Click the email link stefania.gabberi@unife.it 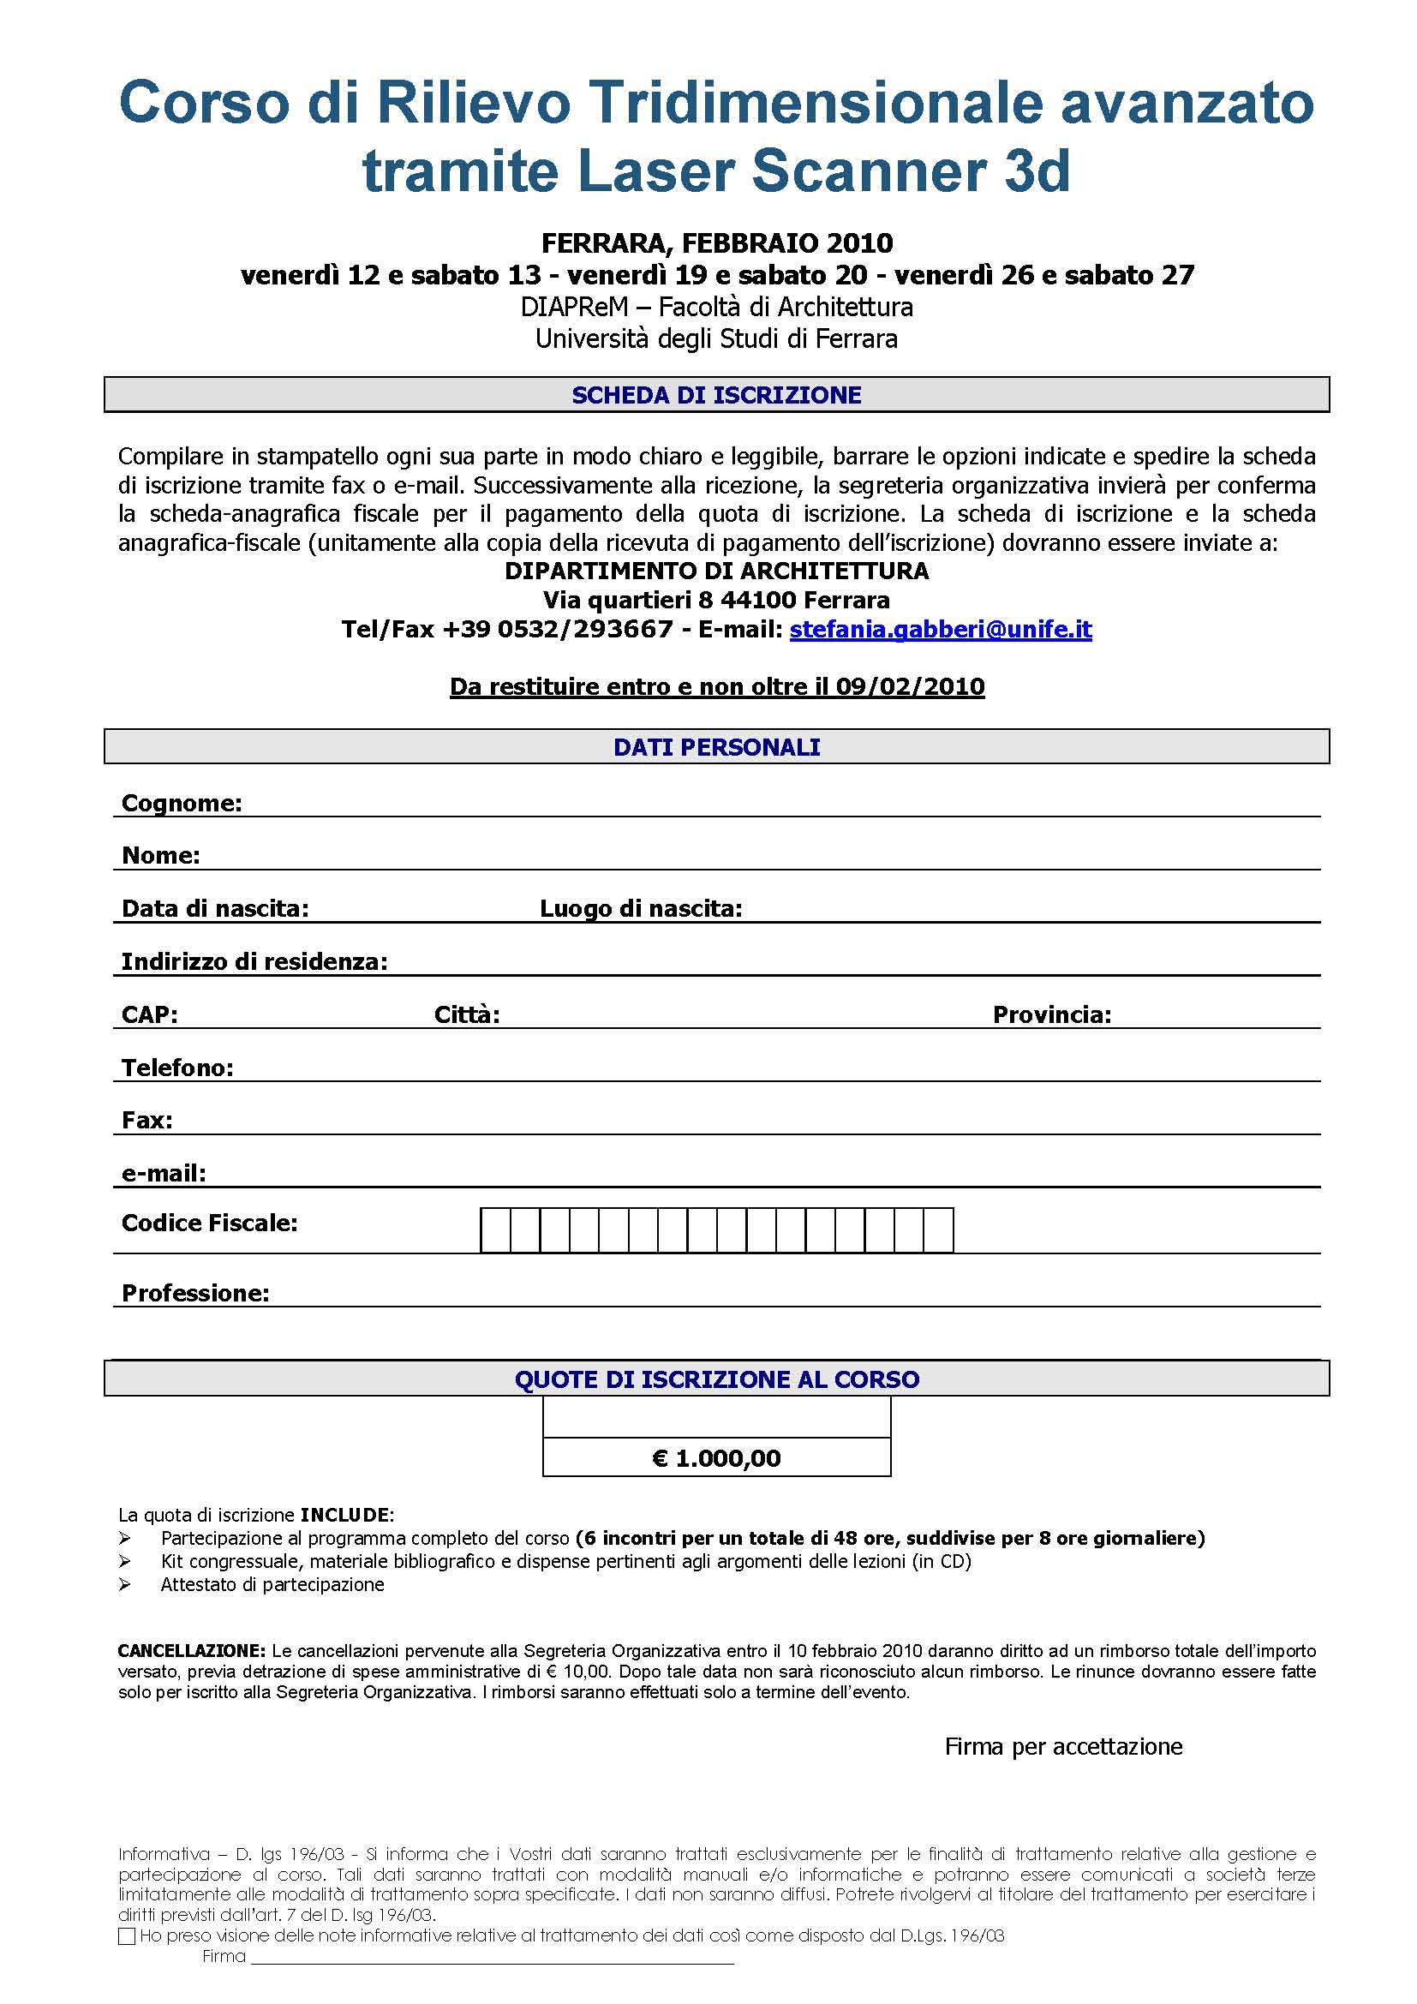(x=941, y=630)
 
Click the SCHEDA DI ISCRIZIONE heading (x=716, y=395)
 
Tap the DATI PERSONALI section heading (x=716, y=747)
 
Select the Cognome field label (x=182, y=803)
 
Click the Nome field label (x=160, y=855)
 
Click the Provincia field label (x=1051, y=1015)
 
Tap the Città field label (x=467, y=1015)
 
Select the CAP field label (x=149, y=1015)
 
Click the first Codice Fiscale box (x=495, y=1229)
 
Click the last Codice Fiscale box (x=938, y=1229)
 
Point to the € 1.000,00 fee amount (x=716, y=1458)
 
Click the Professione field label (x=195, y=1293)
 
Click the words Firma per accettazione (x=1064, y=1746)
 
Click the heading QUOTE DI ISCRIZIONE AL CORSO (x=716, y=1379)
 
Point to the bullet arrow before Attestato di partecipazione (x=126, y=1584)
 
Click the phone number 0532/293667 (x=585, y=630)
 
